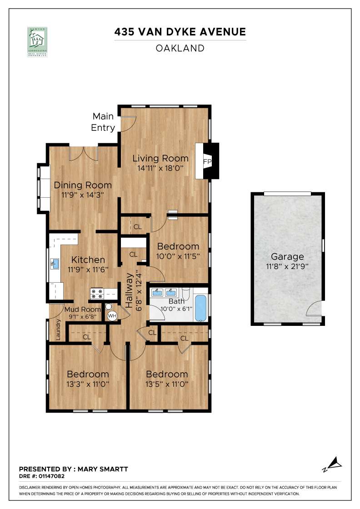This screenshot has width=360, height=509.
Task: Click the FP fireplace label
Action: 207,161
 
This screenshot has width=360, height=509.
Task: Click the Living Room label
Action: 160,159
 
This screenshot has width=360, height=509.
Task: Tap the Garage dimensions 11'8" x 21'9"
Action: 287,266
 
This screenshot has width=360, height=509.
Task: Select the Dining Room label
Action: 83,185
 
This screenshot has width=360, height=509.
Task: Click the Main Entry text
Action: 103,122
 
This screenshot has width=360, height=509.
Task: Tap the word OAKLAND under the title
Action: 180,48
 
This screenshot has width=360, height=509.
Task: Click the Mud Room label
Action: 83,309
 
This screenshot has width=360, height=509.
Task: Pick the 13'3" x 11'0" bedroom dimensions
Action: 88,384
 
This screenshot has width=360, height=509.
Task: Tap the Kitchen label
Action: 88,260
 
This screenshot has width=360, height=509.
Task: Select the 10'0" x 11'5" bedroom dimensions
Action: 178,255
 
